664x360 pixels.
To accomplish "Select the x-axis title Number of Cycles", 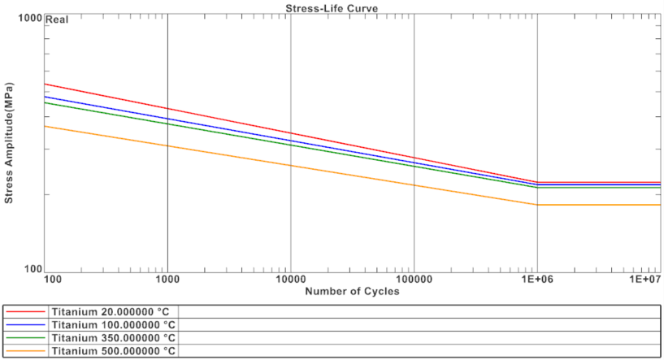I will [352, 292].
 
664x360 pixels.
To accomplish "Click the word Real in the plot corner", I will [56, 20].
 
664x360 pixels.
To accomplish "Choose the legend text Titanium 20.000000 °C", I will [112, 311].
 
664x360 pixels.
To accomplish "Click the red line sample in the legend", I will [24, 311].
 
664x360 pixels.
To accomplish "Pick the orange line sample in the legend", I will [24, 350].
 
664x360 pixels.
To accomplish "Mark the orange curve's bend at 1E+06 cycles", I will [537, 205].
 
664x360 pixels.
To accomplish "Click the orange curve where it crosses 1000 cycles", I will [167, 146].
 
